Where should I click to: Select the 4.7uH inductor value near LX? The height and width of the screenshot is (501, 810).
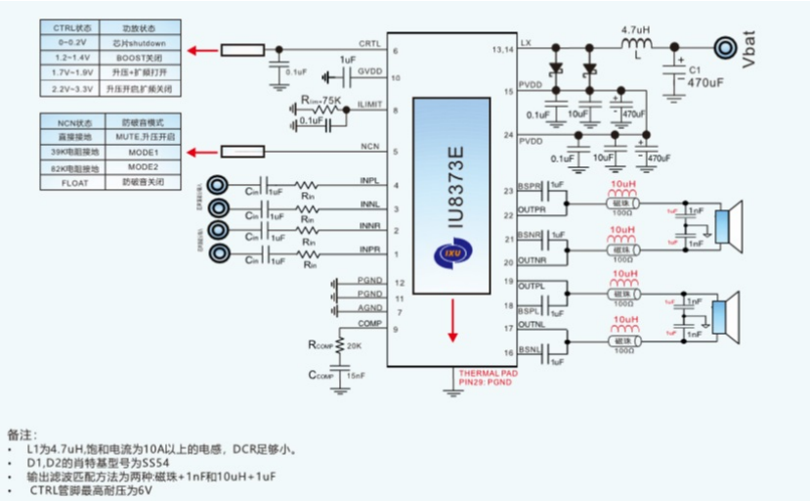(637, 29)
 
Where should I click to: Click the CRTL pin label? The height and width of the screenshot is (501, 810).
(369, 44)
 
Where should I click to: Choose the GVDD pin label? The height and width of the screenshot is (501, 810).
(369, 72)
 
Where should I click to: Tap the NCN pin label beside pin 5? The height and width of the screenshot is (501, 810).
(370, 147)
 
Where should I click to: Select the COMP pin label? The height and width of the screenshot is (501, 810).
(368, 324)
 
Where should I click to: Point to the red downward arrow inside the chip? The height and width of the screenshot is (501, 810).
(452, 322)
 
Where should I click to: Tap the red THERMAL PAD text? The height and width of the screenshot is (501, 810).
(487, 374)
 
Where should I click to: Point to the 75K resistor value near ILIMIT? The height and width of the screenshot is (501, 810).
(330, 101)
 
